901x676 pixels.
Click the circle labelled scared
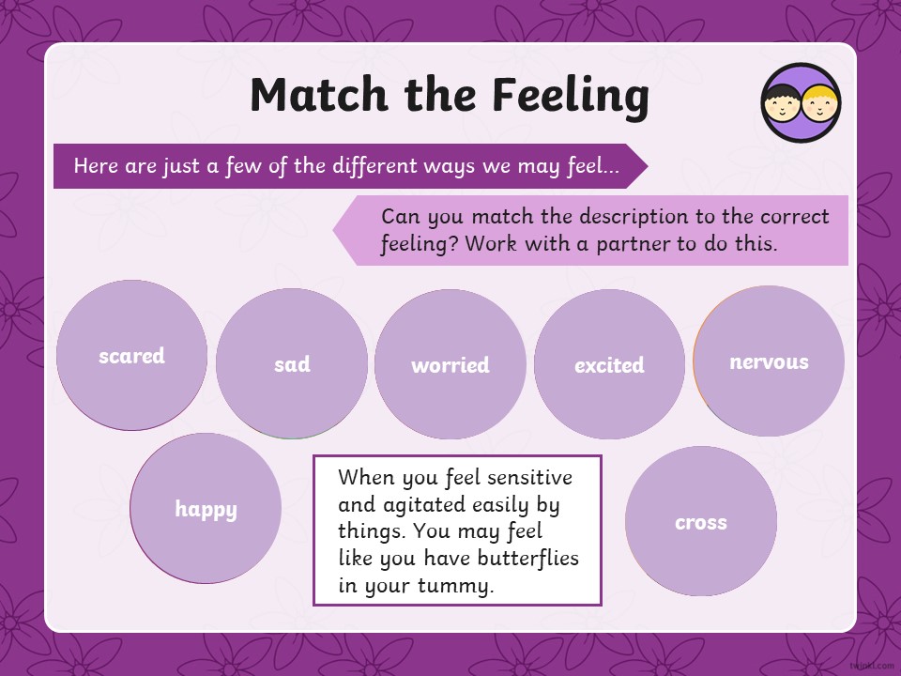131,355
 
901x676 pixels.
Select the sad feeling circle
292,363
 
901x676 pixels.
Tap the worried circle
450,364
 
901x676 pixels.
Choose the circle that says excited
610,364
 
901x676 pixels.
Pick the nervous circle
769,361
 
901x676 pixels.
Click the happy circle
206,508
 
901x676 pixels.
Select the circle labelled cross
701,521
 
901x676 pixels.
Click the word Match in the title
319,94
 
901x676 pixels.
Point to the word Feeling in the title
572,96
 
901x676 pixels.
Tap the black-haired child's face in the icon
782,103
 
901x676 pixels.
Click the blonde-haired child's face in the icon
820,103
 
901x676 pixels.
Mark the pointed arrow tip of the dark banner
648,166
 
